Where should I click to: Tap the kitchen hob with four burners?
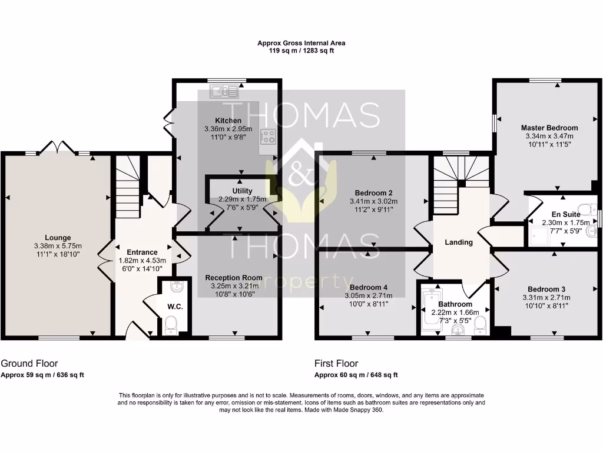tap(269, 137)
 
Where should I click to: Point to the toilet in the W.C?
tap(171, 324)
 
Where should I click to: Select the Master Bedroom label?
tap(549, 128)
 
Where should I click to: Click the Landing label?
tap(458, 242)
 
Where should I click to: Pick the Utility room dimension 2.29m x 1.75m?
tap(242, 200)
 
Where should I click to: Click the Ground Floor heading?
tap(29, 364)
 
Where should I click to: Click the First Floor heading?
tap(337, 364)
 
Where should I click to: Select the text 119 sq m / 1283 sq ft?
tap(301, 51)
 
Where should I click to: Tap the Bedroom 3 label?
tap(546, 289)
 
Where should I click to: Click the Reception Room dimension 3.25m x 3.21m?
tap(234, 286)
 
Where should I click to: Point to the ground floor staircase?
tap(127, 182)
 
